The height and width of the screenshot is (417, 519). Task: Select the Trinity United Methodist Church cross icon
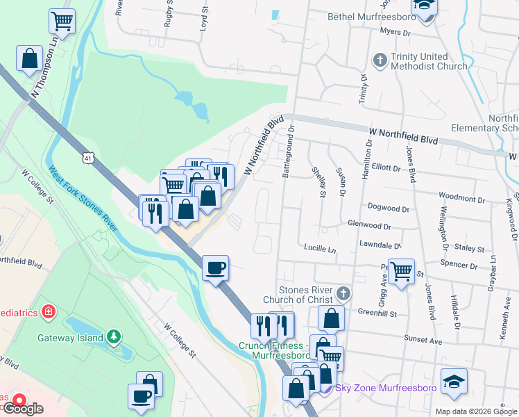[x=380, y=60]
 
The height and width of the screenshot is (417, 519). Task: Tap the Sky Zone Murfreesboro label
[x=386, y=388]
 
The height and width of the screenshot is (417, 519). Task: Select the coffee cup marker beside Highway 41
[x=215, y=268]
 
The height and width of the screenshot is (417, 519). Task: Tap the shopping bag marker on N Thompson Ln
[x=30, y=59]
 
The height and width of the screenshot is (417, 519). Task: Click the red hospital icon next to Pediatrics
[x=49, y=311]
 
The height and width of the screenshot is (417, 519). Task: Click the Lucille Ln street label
[x=319, y=248]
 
